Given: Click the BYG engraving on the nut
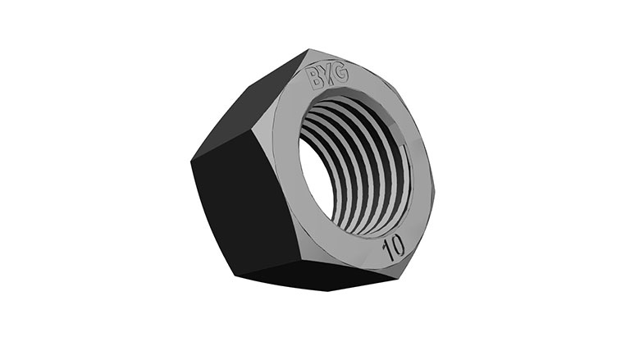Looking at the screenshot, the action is click(327, 77).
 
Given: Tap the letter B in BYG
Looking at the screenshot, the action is click(315, 79).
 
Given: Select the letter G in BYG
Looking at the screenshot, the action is click(340, 74).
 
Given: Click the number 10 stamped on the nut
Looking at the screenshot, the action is click(394, 248).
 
